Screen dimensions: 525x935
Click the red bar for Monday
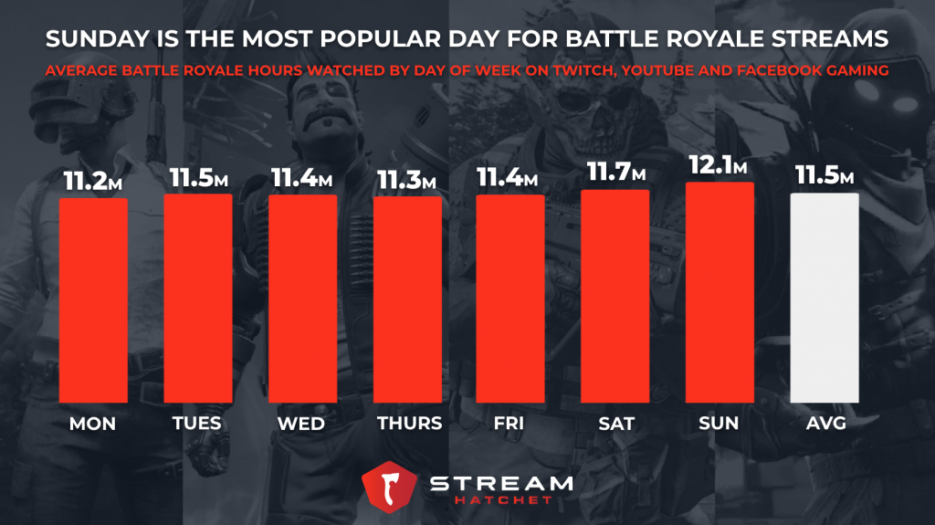click(x=93, y=300)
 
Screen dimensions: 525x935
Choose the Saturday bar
click(x=615, y=296)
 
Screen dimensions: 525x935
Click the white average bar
click(x=825, y=298)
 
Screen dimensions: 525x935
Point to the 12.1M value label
click(x=718, y=168)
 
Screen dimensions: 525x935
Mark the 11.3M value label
click(x=406, y=181)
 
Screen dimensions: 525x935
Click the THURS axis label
click(x=408, y=423)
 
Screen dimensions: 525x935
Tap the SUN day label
click(x=720, y=423)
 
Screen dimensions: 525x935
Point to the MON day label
click(x=93, y=423)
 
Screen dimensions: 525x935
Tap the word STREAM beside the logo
click(x=503, y=482)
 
